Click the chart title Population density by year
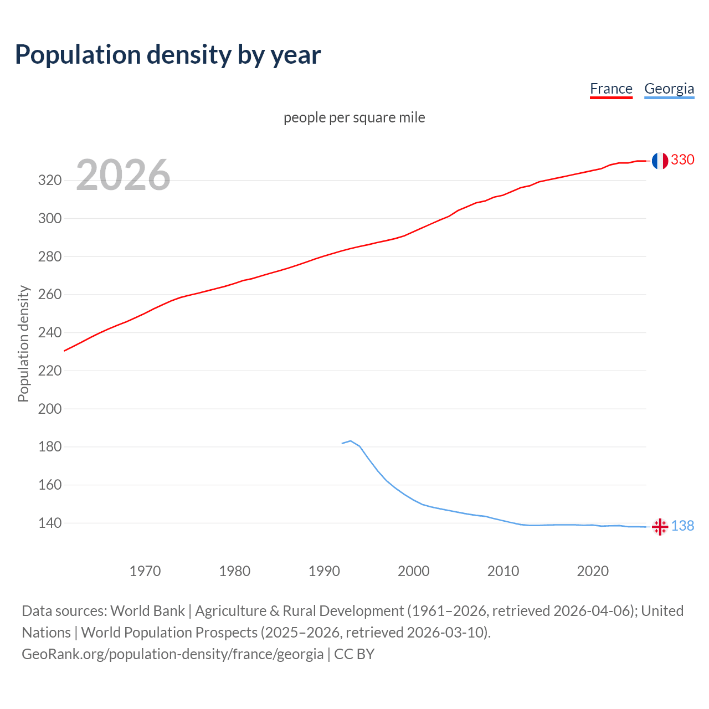pyautogui.click(x=168, y=55)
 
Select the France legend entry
pyautogui.click(x=611, y=89)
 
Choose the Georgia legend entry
pyautogui.click(x=669, y=89)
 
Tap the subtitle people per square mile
pyautogui.click(x=354, y=117)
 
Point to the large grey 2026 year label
pyautogui.click(x=123, y=175)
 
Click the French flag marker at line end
pyautogui.click(x=659, y=161)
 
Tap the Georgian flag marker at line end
pyautogui.click(x=660, y=527)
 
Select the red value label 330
pyautogui.click(x=682, y=160)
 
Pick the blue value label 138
pyautogui.click(x=682, y=526)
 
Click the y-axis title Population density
pyautogui.click(x=23, y=343)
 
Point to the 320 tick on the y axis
pyautogui.click(x=49, y=181)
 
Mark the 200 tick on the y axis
pyautogui.click(x=49, y=409)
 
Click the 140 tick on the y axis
pyautogui.click(x=49, y=523)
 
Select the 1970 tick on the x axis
pyautogui.click(x=145, y=571)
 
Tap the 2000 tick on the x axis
pyautogui.click(x=414, y=571)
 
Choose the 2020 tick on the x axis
pyautogui.click(x=593, y=571)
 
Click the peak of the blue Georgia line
pyautogui.click(x=351, y=441)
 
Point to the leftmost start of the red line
pyautogui.click(x=65, y=351)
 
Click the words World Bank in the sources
pyautogui.click(x=147, y=611)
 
